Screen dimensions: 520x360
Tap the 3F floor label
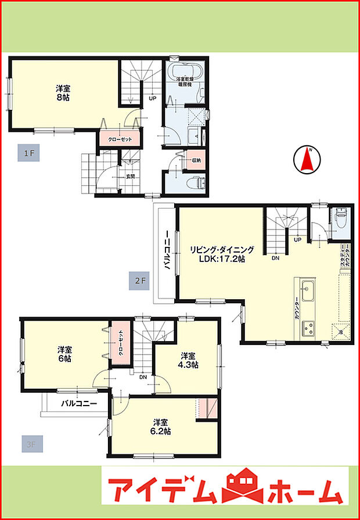pyautogui.click(x=30, y=445)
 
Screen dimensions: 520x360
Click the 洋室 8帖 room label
pyautogui.click(x=64, y=93)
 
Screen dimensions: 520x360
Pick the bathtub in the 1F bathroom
pyautogui.click(x=185, y=74)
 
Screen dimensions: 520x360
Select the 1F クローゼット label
pyautogui.click(x=120, y=139)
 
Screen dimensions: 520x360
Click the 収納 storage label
pyautogui.click(x=195, y=160)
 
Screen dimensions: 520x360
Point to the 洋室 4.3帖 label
pyautogui.click(x=188, y=360)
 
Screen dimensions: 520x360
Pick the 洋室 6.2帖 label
pyautogui.click(x=161, y=426)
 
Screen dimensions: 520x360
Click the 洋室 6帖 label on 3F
pyautogui.click(x=64, y=354)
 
